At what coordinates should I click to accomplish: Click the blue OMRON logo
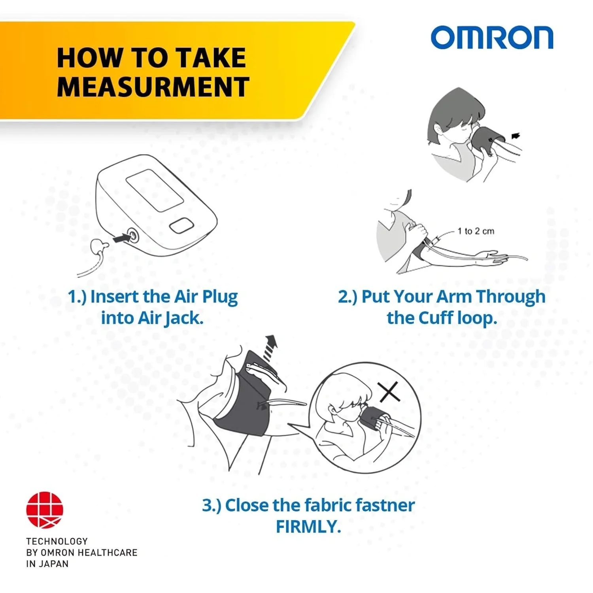492,38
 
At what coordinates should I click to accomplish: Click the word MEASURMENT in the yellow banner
153,87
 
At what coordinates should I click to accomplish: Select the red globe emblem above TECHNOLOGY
45,510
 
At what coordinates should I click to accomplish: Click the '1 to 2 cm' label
476,231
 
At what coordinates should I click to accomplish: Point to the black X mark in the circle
389,392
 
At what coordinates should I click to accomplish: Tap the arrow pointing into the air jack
121,238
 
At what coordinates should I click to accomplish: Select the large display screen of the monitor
155,190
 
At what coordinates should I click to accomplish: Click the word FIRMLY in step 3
308,527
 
